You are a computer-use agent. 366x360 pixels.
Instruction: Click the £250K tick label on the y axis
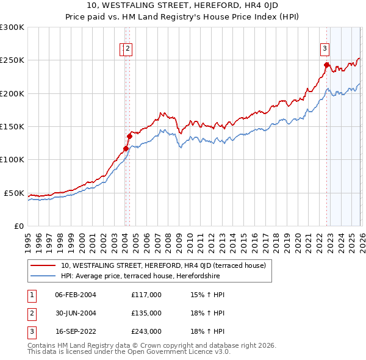click(12, 60)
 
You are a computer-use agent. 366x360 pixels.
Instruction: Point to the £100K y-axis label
click(12, 160)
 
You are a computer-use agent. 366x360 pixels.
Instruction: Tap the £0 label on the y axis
click(19, 226)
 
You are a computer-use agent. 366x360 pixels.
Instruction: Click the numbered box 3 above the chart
click(325, 49)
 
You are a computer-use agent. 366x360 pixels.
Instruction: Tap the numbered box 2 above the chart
click(129, 49)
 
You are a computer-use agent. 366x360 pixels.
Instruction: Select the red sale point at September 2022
click(326, 65)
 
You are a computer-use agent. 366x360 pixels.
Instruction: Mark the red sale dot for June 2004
click(130, 136)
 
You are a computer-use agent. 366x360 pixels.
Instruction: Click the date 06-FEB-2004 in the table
click(75, 295)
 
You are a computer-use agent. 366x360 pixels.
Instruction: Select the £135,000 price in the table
click(146, 313)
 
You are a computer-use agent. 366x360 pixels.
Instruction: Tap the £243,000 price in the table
click(146, 331)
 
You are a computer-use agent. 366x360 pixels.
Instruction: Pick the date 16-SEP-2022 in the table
click(75, 331)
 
